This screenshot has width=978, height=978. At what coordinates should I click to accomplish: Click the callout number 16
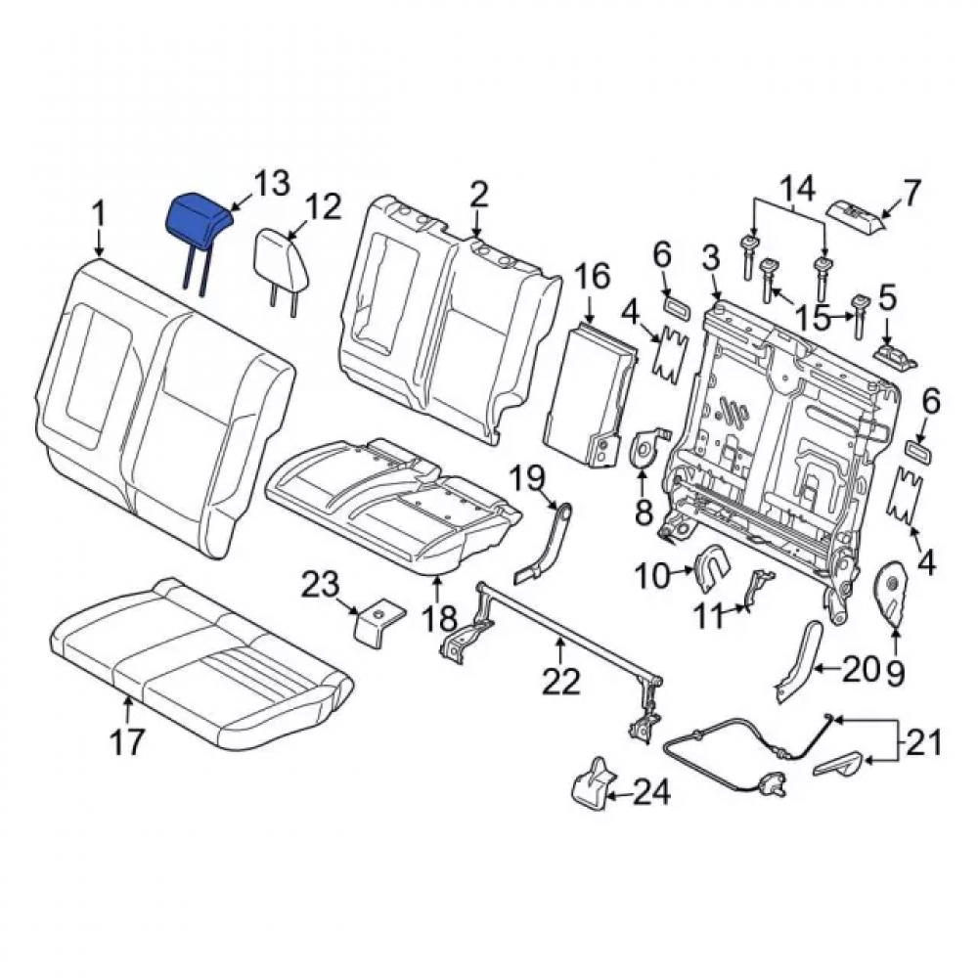(592, 277)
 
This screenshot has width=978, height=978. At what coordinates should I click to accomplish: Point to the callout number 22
(560, 681)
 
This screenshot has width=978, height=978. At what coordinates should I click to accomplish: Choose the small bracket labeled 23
(378, 622)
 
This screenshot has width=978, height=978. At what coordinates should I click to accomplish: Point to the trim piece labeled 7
(855, 216)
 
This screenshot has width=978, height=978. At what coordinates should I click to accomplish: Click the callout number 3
(710, 258)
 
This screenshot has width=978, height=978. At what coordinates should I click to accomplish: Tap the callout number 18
(440, 618)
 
